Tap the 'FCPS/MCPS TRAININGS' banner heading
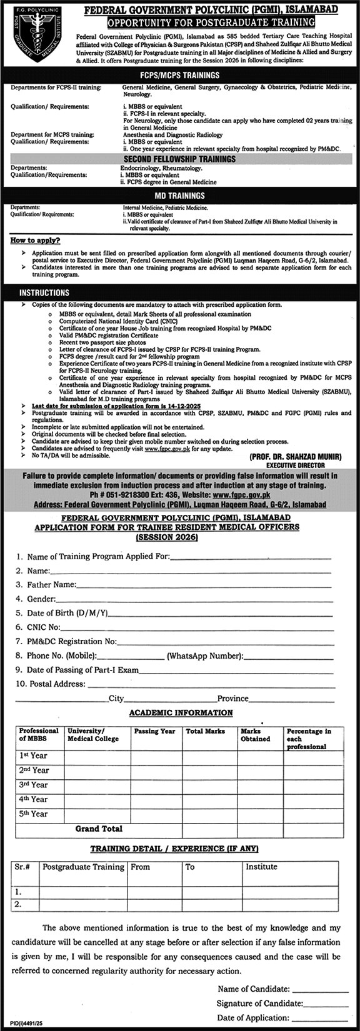[x=180, y=75]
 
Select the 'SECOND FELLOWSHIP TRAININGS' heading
[x=179, y=159]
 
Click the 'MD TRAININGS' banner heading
[x=179, y=196]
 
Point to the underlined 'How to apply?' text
[x=35, y=241]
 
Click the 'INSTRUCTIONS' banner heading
[x=44, y=292]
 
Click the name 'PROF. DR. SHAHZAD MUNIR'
[x=295, y=457]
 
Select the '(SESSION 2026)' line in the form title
[x=167, y=537]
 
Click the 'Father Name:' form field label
[x=51, y=585]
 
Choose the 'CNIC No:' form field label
[x=44, y=627]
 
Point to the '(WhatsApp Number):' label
[x=204, y=655]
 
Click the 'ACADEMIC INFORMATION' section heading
[x=181, y=712]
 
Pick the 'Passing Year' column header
[x=154, y=731]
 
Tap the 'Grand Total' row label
[x=99, y=829]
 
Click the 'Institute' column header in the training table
[x=261, y=867]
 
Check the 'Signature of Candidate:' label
[x=260, y=1003]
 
